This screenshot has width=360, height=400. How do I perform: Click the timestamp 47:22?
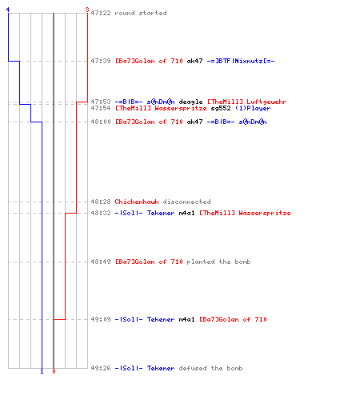(101, 13)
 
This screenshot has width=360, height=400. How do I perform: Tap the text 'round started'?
(141, 13)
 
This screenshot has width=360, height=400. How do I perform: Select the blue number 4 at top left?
(8, 10)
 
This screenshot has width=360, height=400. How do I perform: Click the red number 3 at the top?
(87, 10)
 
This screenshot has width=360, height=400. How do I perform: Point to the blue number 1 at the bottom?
(42, 371)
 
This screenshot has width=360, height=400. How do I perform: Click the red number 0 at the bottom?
(54, 371)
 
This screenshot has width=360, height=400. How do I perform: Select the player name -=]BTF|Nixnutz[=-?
(241, 61)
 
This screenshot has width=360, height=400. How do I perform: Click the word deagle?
(190, 102)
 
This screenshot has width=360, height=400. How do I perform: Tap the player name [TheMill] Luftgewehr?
(247, 102)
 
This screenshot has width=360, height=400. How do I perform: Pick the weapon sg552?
(221, 108)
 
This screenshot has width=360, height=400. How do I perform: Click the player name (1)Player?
(253, 108)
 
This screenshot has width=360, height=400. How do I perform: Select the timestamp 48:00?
(101, 122)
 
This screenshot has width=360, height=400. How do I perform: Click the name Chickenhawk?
(137, 202)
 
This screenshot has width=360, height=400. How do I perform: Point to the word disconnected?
(186, 202)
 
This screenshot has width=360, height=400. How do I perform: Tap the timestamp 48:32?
(101, 213)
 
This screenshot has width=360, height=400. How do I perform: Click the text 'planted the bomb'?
(218, 262)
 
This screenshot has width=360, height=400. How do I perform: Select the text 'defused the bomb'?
(210, 368)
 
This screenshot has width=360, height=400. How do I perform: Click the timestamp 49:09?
(101, 319)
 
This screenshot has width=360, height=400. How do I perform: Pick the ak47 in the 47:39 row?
(194, 61)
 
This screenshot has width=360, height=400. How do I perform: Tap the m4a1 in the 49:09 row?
(186, 319)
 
